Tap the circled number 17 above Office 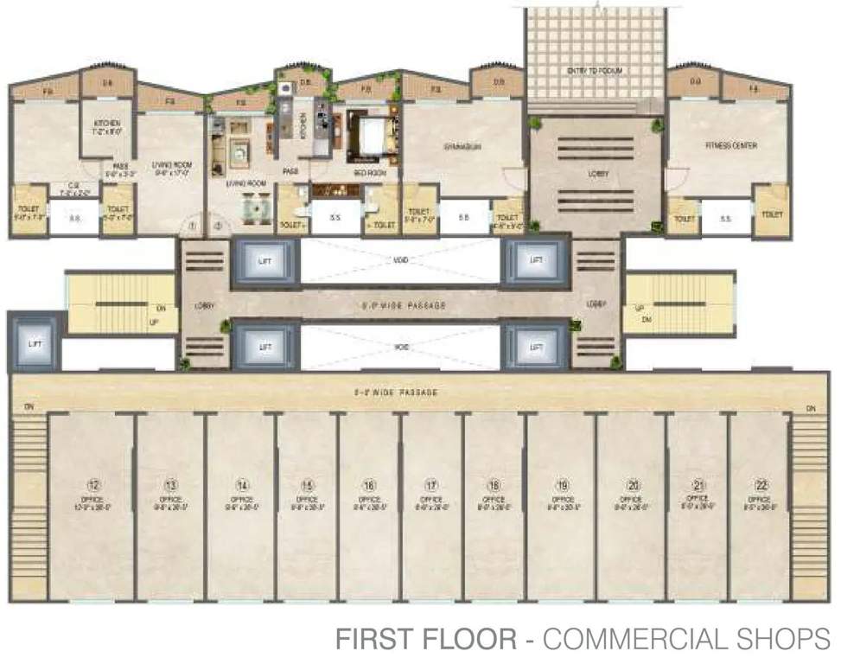click(430, 484)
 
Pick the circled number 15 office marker click(307, 484)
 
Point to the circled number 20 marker click(632, 484)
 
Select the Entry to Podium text click(596, 70)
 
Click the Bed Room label click(369, 173)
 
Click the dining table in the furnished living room click(254, 207)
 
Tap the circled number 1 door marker click(194, 227)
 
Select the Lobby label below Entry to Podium click(598, 174)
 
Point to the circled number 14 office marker click(242, 484)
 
